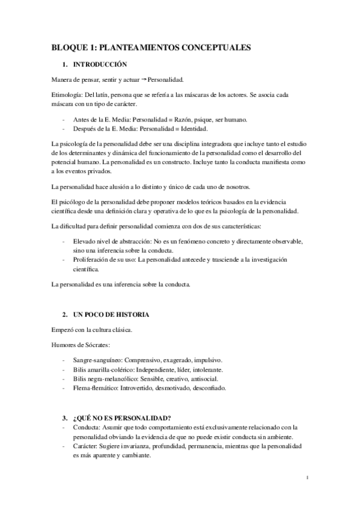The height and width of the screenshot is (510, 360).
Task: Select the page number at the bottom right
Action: point(307,479)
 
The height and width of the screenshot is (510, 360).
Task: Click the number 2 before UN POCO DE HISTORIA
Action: point(64,315)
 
